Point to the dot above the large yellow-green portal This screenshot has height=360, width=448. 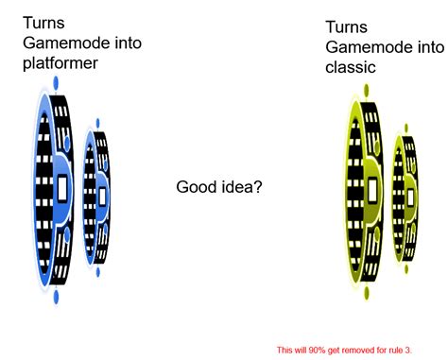pyautogui.click(x=365, y=91)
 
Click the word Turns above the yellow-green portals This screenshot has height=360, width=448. pyautogui.click(x=346, y=26)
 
